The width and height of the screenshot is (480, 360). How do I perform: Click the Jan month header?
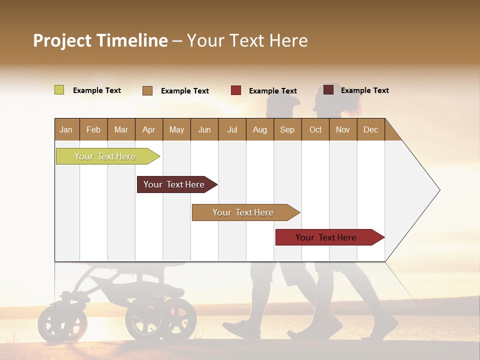click(66, 129)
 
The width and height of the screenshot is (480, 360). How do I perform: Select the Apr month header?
click(148, 129)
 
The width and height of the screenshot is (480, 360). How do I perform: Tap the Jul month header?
click(232, 129)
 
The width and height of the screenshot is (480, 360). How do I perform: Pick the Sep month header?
click(287, 129)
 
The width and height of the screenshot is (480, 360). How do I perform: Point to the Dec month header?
click(370, 129)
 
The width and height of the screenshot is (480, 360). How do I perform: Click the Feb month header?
click(93, 129)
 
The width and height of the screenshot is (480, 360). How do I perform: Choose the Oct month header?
click(315, 129)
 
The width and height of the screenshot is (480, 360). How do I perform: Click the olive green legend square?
click(59, 90)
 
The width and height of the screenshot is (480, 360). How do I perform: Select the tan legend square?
click(147, 90)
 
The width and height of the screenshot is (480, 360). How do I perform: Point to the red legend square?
click(236, 90)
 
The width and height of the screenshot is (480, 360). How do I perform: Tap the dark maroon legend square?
click(328, 90)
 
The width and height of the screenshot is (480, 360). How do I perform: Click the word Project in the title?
click(62, 40)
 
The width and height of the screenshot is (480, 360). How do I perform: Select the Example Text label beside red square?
click(272, 91)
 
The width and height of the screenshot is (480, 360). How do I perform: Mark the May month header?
click(176, 129)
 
